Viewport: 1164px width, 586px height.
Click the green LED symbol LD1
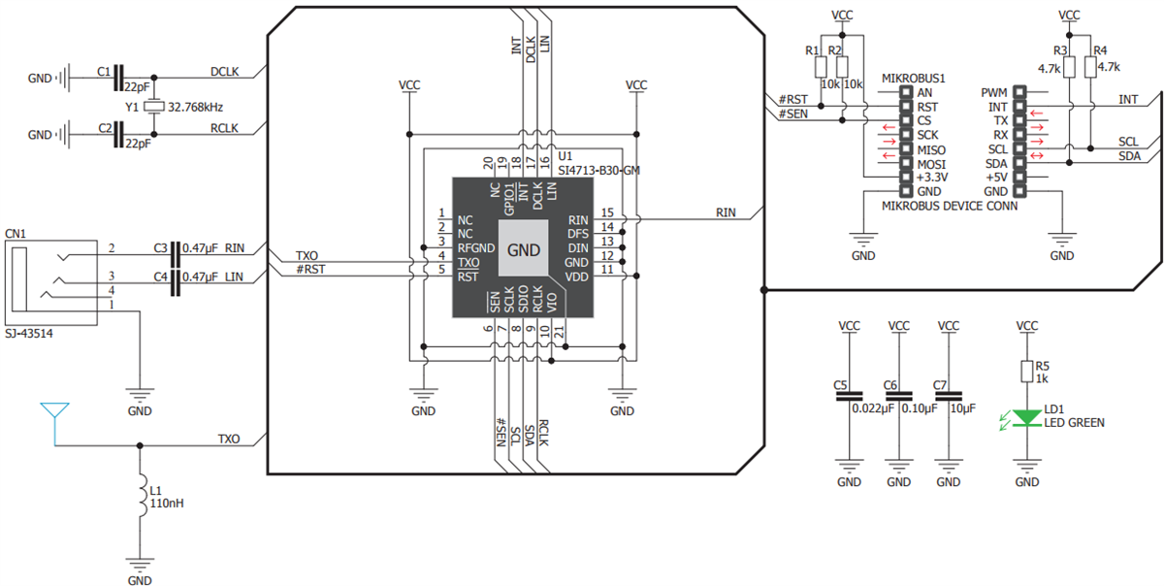[x=1026, y=419]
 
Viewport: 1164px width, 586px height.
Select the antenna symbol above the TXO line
[x=53, y=414]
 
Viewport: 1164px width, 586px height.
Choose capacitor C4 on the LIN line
[x=176, y=282]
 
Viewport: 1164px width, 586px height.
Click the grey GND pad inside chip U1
[x=524, y=248]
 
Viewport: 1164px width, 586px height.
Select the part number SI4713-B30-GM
[x=598, y=171]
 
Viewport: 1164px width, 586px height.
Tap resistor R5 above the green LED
[x=1026, y=372]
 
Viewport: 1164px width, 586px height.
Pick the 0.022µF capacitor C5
[x=849, y=396]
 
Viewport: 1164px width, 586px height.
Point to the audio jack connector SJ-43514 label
[x=30, y=333]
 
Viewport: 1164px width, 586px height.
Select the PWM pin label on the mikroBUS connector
[x=995, y=92]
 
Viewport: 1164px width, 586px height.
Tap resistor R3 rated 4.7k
[x=1069, y=66]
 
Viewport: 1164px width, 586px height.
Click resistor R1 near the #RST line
[x=821, y=66]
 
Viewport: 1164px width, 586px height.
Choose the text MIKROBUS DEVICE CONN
[x=949, y=207]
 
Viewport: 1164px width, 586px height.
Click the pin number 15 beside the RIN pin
[x=607, y=212]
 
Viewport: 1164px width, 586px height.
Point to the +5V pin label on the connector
[x=996, y=178]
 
